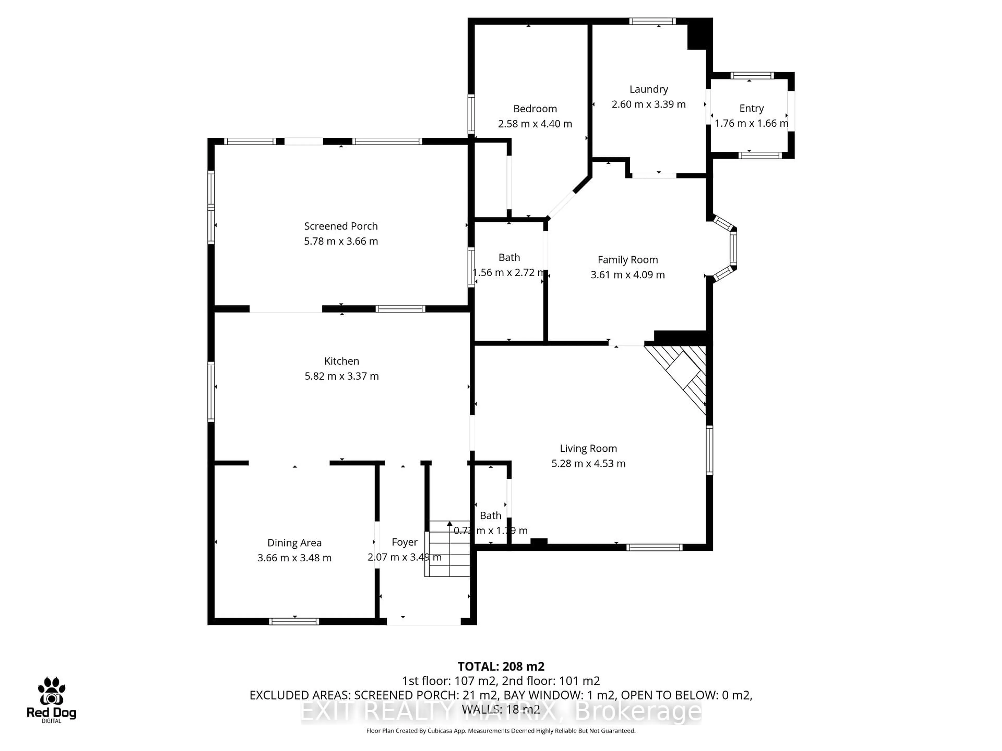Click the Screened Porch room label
coord(341,226)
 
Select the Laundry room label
coord(649,89)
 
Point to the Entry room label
coord(751,108)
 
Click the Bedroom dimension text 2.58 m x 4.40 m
coord(535,124)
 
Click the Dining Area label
coord(294,543)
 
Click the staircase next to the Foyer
coord(449,549)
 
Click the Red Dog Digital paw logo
coord(51,691)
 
